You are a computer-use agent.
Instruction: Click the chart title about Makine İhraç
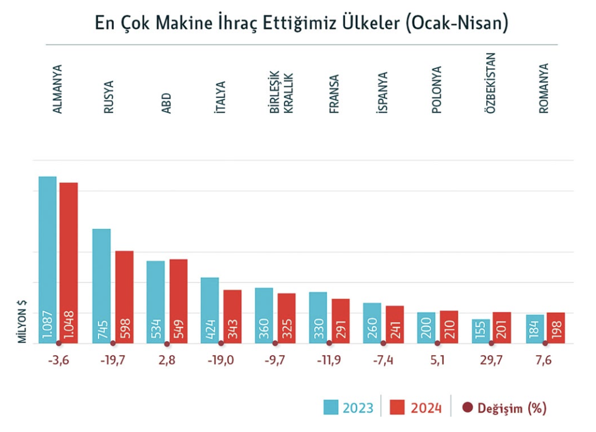[302, 23]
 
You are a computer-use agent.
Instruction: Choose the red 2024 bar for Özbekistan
[502, 326]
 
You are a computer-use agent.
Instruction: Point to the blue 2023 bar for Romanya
[535, 328]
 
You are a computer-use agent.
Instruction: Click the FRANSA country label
[334, 94]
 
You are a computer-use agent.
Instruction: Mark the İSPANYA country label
[383, 93]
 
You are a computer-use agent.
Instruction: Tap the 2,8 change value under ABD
[167, 361]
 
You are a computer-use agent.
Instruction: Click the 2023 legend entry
[349, 407]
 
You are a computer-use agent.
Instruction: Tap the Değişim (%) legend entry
[505, 407]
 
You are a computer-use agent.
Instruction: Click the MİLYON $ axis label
[22, 320]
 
